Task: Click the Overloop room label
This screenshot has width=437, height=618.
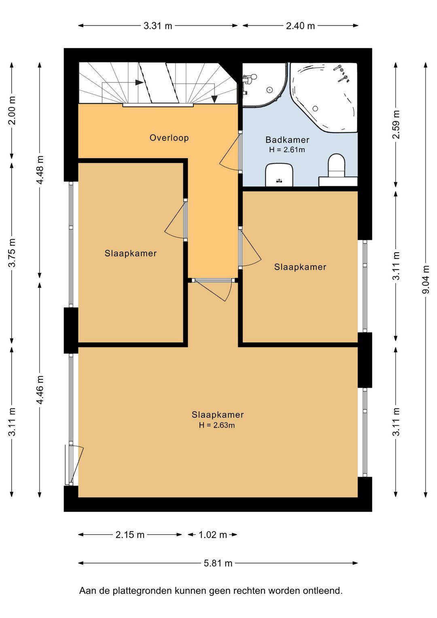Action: point(169,138)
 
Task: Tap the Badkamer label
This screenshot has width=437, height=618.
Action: point(287,140)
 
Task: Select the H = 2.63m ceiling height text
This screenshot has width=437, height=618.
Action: point(217,425)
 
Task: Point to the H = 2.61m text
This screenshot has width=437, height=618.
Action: point(287,150)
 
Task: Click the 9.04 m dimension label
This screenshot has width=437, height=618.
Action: point(426,280)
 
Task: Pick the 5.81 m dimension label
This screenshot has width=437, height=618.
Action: point(218,563)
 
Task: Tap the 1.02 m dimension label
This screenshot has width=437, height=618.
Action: point(212,535)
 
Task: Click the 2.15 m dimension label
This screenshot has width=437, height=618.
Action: point(130,535)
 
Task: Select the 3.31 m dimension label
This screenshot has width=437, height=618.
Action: point(158,26)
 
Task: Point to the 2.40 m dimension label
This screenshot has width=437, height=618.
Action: point(300,26)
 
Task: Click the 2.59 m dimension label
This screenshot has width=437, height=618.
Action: point(396,124)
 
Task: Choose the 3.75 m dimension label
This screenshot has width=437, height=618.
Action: point(12,253)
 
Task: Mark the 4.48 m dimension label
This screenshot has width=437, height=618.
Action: point(40,170)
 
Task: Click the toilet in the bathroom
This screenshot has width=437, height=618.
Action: point(336,166)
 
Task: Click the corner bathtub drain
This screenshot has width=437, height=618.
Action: point(315,109)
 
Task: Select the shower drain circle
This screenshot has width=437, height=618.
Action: point(269,90)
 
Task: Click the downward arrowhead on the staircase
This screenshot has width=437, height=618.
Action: point(214,99)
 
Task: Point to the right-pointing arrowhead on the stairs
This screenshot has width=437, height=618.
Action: point(139,82)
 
